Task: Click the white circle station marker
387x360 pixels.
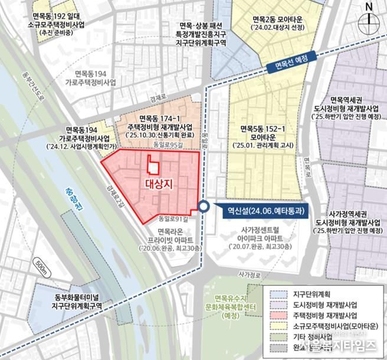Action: pyautogui.click(x=204, y=207)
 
